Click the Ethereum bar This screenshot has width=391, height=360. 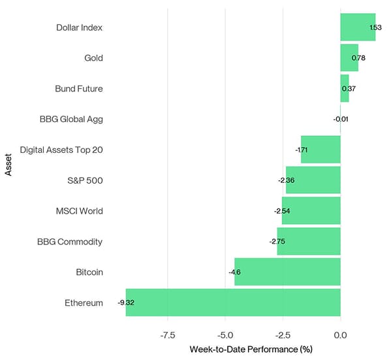pyautogui.click(x=233, y=303)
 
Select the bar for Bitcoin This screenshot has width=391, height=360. pyautogui.click(x=287, y=272)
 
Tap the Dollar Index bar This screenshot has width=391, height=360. pyautogui.click(x=357, y=27)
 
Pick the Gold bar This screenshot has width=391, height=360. pyautogui.click(x=349, y=57)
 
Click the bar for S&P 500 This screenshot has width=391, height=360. pyautogui.click(x=313, y=180)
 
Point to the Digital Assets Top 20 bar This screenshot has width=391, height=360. pyautogui.click(x=321, y=150)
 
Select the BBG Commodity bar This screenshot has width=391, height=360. pyautogui.click(x=309, y=242)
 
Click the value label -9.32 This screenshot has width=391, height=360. pyautogui.click(x=127, y=303)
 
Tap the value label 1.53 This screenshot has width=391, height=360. pyautogui.click(x=375, y=27)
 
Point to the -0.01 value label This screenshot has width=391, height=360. pyautogui.click(x=340, y=120)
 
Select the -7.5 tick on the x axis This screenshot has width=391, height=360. pyautogui.click(x=168, y=335)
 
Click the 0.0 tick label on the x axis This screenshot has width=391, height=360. pyautogui.click(x=340, y=335)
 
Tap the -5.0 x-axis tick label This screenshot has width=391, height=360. pyautogui.click(x=225, y=335)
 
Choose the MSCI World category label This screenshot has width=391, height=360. pyautogui.click(x=79, y=211)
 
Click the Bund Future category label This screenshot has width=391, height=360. pyautogui.click(x=78, y=88)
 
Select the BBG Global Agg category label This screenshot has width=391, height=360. pyautogui.click(x=71, y=119)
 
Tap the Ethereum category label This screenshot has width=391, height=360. pyautogui.click(x=84, y=303)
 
